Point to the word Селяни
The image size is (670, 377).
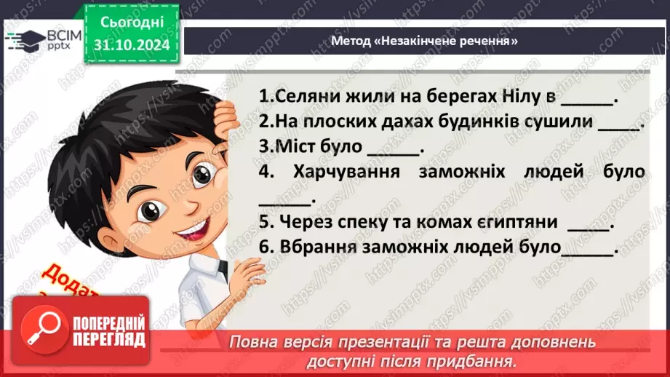(x=299, y=97)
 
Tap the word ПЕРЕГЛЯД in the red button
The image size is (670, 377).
(x=111, y=340)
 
